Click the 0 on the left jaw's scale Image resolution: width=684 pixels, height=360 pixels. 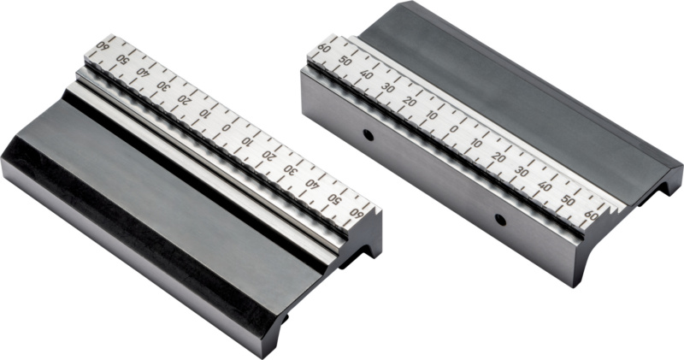pyautogui.click(x=226, y=127)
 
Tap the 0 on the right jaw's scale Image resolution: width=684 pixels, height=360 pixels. pyautogui.click(x=454, y=129)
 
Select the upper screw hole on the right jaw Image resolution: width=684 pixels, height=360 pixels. pyautogui.click(x=369, y=135)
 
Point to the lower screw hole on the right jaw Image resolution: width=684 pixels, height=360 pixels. pyautogui.click(x=500, y=220)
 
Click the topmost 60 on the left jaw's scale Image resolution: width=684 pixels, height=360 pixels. pyautogui.click(x=103, y=45)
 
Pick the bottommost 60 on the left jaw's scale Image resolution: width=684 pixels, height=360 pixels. pyautogui.click(x=357, y=214)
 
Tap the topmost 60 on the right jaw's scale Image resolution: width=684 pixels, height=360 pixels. pyautogui.click(x=324, y=48)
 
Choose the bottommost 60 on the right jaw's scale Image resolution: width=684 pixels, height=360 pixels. pyautogui.click(x=591, y=215)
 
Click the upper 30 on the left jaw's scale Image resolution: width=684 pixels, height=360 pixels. pyautogui.click(x=162, y=86)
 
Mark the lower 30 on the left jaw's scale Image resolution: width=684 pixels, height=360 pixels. pyautogui.click(x=291, y=169)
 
